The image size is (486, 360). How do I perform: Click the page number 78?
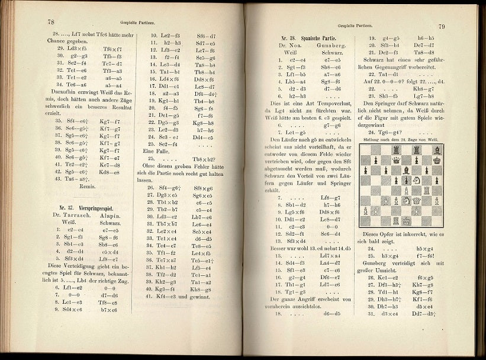point(52,22)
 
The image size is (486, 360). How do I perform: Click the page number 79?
point(441,27)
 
